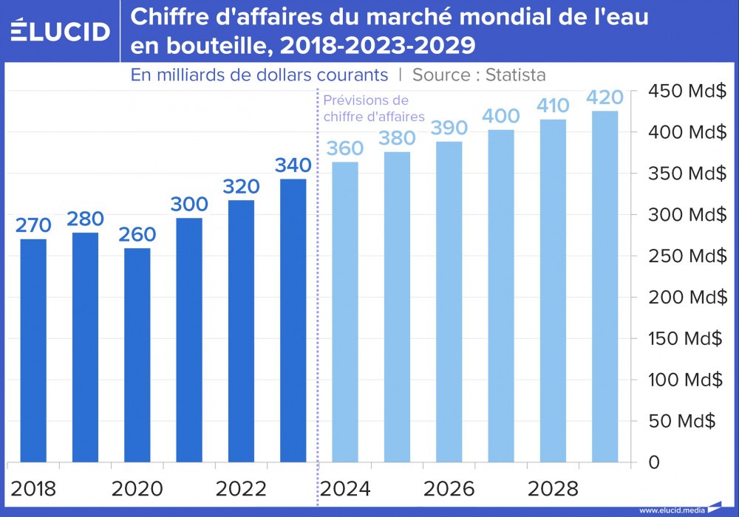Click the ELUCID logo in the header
(x=61, y=30)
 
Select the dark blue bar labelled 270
(x=33, y=351)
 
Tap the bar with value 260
(x=137, y=355)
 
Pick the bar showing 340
(x=293, y=321)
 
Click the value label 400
(x=500, y=116)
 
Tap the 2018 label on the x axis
(x=33, y=488)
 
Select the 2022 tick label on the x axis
(x=241, y=488)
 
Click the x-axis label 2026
(x=449, y=488)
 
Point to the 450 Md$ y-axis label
(x=687, y=91)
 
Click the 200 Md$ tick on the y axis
(x=687, y=297)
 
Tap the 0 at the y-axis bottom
(x=653, y=462)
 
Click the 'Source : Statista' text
(x=479, y=75)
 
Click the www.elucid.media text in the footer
(x=671, y=510)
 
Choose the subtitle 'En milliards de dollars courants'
(x=259, y=75)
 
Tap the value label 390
(x=449, y=127)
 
